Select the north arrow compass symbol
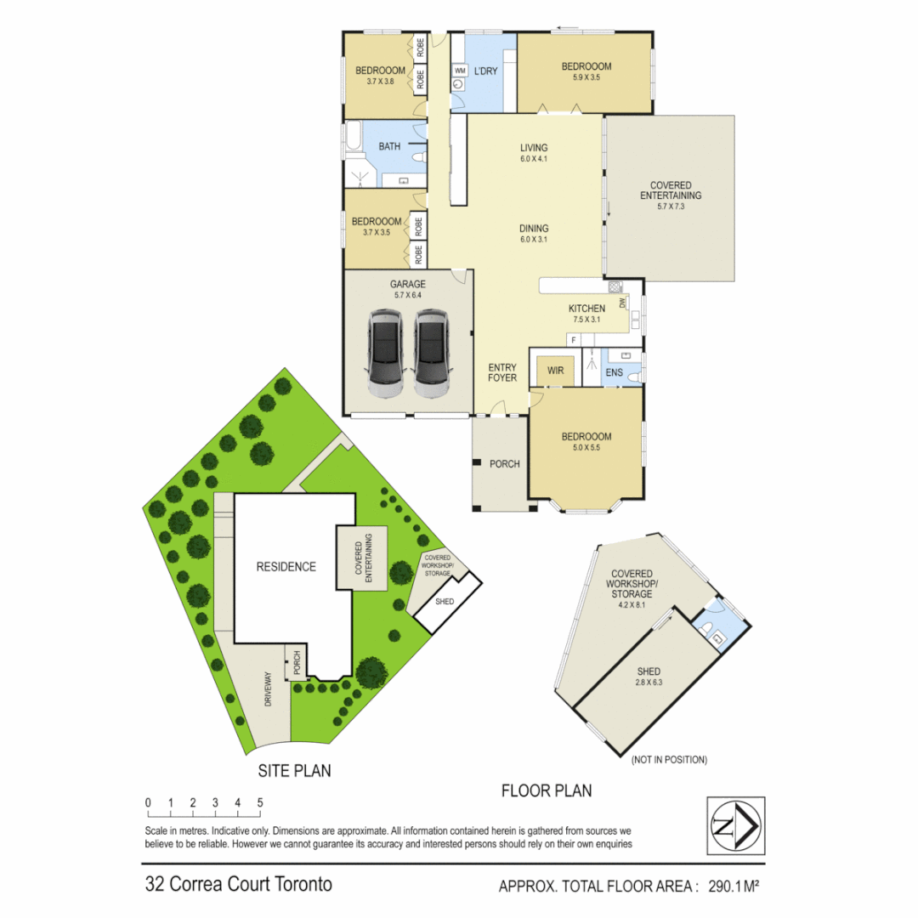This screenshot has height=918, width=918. coord(735,825)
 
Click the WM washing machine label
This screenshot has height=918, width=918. coord(459,70)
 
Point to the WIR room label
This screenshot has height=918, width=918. coord(556,371)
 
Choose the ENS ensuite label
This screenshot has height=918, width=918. coord(614,371)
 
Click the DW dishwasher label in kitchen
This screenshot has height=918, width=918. coord(623,303)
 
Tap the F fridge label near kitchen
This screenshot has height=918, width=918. coord(574,340)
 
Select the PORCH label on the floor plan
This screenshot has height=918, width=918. coord(504,464)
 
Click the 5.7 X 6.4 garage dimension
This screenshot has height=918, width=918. coord(407,295)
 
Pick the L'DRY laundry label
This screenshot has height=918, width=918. coord(485,71)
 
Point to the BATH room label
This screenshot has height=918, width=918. coord(389,146)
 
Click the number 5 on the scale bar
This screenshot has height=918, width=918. coord(259,802)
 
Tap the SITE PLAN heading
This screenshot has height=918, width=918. coord(294,771)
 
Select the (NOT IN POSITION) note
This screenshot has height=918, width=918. coord(669,759)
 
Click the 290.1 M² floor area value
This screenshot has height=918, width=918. coord(727,887)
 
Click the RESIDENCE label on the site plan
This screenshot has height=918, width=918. coord(286,567)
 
